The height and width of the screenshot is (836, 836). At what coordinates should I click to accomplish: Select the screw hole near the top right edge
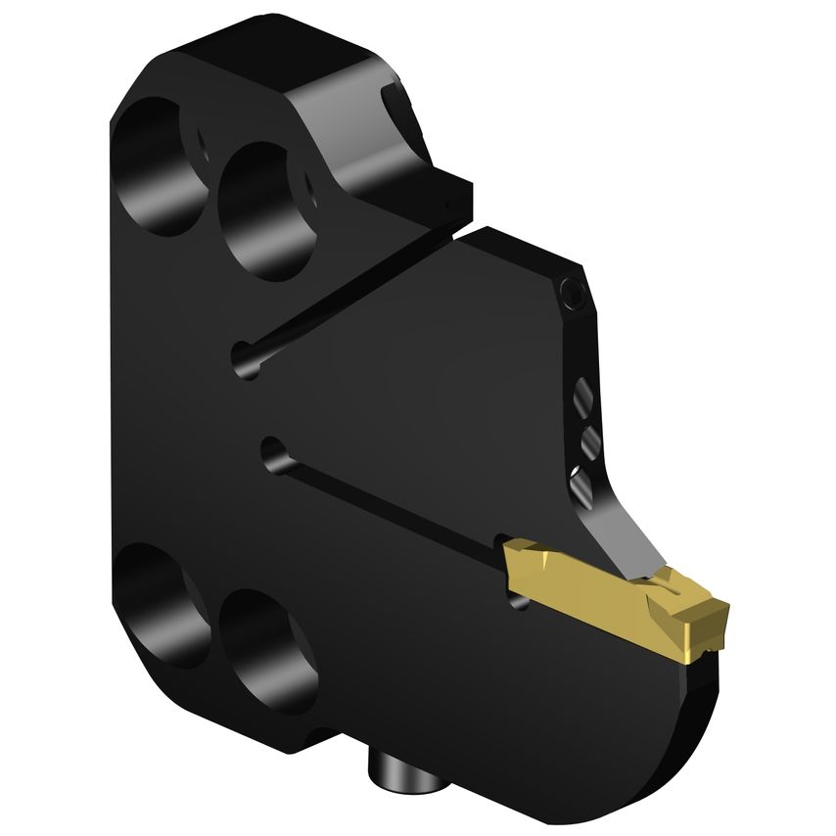(x=574, y=292)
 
